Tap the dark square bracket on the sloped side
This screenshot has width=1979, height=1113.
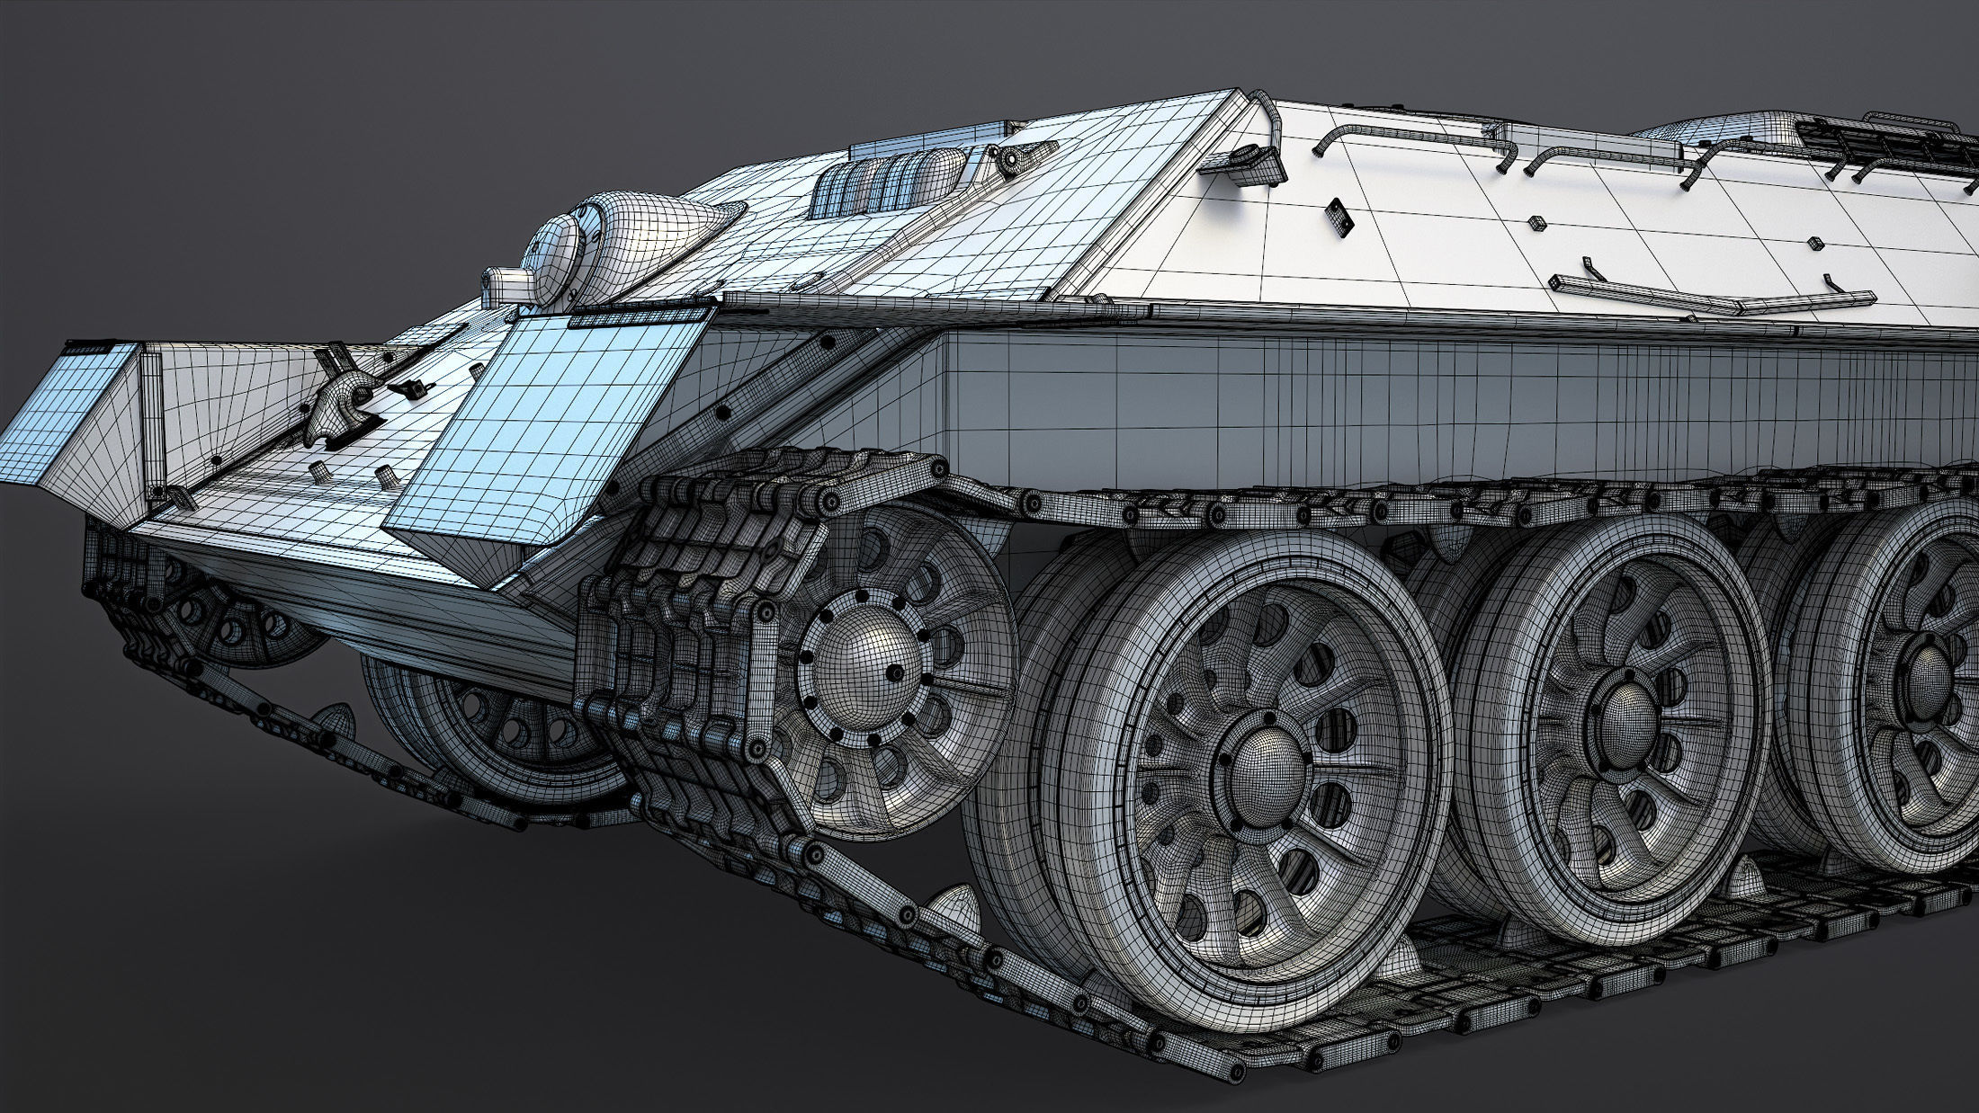[x=1339, y=216]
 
